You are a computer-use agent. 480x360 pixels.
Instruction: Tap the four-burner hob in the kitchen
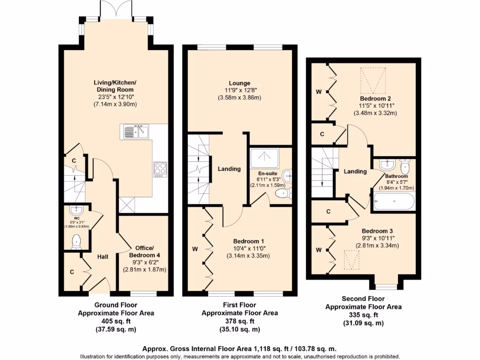pos(160,169)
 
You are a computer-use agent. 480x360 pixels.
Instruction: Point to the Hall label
pos(103,257)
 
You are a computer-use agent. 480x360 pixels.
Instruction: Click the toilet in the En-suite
pos(283,194)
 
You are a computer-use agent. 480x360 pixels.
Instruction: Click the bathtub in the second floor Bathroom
pos(394,202)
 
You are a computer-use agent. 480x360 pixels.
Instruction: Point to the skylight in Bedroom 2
pos(374,80)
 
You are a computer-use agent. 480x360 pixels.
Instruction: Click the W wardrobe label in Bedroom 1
pos(194,249)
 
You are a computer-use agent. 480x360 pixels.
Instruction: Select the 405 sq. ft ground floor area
pos(116,321)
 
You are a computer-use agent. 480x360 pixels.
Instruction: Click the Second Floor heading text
pos(363,299)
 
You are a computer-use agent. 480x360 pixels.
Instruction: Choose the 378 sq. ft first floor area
pos(240,322)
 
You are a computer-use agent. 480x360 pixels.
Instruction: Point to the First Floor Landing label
pos(229,169)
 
